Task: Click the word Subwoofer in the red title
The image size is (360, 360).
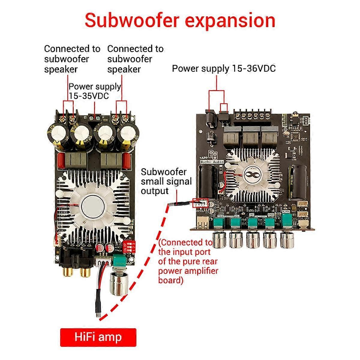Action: click(x=132, y=20)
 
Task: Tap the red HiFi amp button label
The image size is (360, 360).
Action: click(x=98, y=337)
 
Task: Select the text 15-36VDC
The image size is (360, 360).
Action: click(x=254, y=68)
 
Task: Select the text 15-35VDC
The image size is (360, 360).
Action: click(x=89, y=96)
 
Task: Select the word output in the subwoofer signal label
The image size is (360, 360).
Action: click(x=155, y=191)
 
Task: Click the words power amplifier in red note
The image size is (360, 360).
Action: click(x=188, y=271)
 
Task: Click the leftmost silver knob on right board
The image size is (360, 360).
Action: click(x=219, y=240)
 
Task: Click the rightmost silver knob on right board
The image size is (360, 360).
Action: click(x=286, y=240)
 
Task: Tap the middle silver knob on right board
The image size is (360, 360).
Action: click(x=253, y=240)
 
